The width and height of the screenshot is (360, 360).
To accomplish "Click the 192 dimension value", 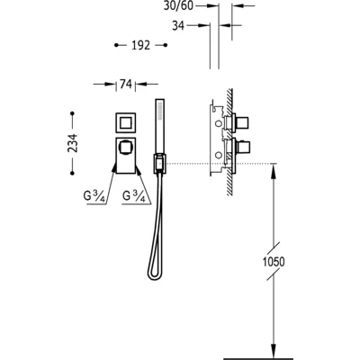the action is click(140, 45).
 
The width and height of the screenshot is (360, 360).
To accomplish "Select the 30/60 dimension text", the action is click(178, 5).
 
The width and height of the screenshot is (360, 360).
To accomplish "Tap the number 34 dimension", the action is click(178, 26).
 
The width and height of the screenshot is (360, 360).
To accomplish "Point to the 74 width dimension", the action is click(126, 85).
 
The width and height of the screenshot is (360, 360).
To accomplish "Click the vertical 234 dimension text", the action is click(73, 143).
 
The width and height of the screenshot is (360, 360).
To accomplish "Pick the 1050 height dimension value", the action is click(274, 262).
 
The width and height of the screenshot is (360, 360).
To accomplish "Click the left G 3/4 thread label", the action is click(94, 196).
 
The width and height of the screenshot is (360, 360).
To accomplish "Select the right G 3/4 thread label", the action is click(134, 196).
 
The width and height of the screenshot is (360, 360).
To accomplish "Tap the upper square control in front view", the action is click(125, 122).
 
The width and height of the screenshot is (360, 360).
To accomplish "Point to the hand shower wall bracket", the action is click(160, 163).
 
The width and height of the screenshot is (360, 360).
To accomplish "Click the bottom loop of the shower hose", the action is click(154, 274).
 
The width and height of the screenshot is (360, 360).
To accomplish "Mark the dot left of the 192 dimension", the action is click(116, 45).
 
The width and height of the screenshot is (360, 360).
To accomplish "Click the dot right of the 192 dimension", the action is click(166, 45).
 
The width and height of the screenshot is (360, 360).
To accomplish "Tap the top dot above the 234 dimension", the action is click(72, 113).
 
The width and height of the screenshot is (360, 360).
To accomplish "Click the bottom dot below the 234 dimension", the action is click(72, 173).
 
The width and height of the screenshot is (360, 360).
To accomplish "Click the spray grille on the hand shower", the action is click(160, 111).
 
